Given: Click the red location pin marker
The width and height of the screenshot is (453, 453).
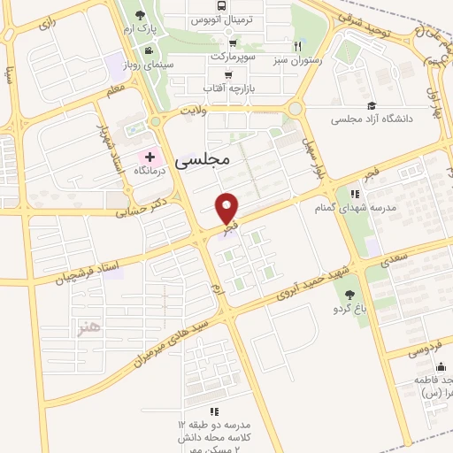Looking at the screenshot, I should (x=228, y=209).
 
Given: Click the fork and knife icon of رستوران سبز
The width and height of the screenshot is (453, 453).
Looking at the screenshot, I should (x=299, y=47).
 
